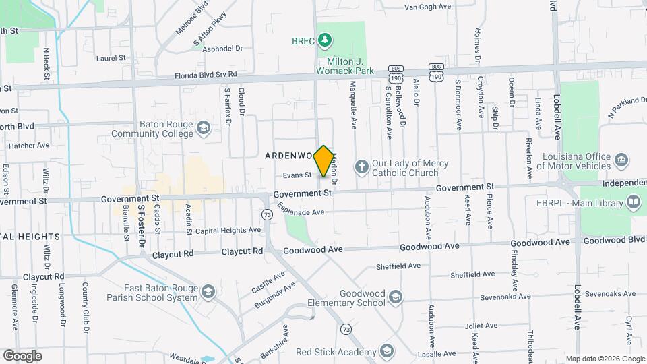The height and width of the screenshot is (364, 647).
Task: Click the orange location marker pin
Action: click(x=324, y=161)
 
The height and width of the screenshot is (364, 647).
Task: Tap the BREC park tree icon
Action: click(x=326, y=40)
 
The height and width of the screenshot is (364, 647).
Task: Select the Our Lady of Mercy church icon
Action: click(x=361, y=166)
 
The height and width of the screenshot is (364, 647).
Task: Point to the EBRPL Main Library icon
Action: click(x=634, y=202)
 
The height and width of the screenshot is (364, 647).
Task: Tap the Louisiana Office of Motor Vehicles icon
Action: click(x=621, y=160)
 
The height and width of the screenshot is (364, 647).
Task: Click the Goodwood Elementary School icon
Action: click(x=396, y=297)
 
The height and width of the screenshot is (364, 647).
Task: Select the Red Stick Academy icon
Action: click(x=387, y=351)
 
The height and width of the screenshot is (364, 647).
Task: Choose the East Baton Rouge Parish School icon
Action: click(x=208, y=292)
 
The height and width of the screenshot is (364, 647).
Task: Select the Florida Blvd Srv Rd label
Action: click(x=206, y=75)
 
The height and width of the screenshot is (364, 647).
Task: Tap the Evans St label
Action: click(x=297, y=175)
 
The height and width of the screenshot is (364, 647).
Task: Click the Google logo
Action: click(x=22, y=355)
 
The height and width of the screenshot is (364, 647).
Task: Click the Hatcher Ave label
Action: click(x=29, y=145)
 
